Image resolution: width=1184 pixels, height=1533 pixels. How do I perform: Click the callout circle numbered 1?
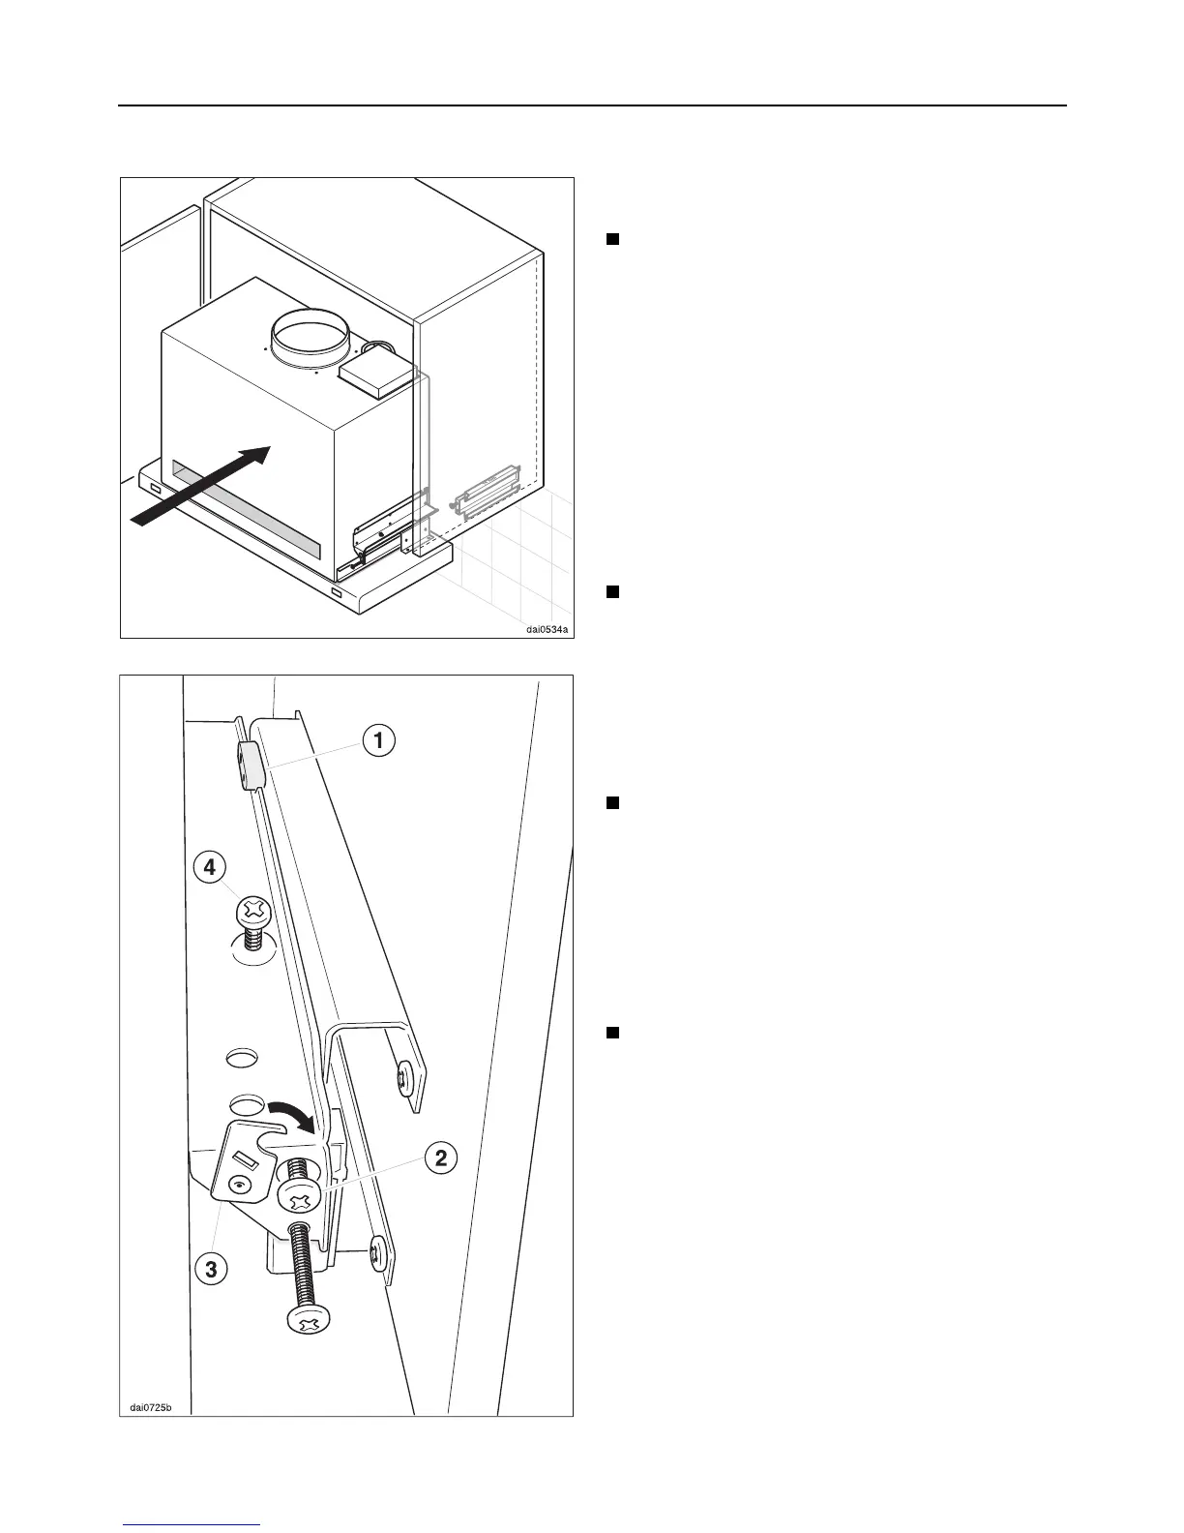click(379, 742)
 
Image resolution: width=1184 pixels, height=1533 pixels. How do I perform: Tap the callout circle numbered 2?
click(440, 1157)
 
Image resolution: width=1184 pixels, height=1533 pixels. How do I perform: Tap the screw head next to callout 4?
click(253, 910)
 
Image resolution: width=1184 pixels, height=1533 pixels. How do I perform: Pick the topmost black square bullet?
click(611, 239)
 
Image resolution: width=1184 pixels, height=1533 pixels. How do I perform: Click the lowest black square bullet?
click(611, 1033)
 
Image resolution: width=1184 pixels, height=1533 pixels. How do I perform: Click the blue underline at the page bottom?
click(192, 1525)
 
